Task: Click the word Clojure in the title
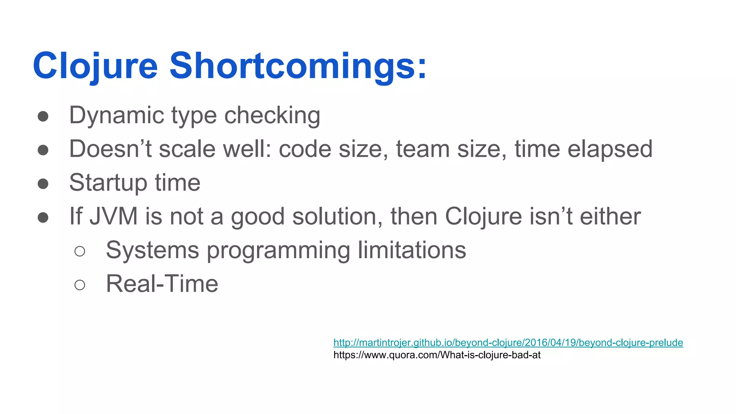pos(95,66)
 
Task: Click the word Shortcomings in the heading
pos(298,66)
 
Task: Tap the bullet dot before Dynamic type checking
pos(43,116)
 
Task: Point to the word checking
pos(272,116)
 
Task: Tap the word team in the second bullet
pos(423,149)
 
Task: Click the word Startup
pos(108,183)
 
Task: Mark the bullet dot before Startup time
pos(43,184)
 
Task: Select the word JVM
pos(114,216)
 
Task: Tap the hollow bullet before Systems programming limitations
pos(80,251)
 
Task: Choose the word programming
pos(279,250)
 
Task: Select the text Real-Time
pos(162,284)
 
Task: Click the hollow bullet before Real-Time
pos(80,285)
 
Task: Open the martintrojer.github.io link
pos(508,342)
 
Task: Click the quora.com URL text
pos(437,355)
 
